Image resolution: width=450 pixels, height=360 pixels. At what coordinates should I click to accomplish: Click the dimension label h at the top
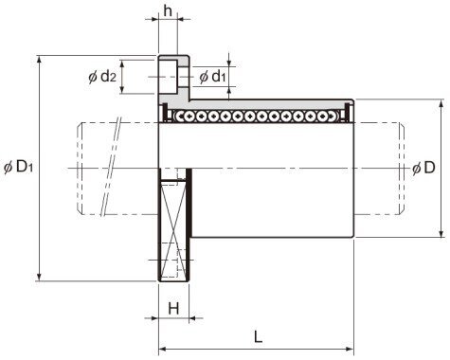click(168, 11)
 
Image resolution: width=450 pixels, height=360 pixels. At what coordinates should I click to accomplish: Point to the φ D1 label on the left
click(18, 167)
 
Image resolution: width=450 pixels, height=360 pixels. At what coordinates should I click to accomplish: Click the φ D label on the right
click(425, 168)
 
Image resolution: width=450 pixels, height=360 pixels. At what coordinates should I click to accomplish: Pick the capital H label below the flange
click(173, 308)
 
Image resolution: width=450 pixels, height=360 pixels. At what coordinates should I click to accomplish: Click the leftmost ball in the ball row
click(175, 116)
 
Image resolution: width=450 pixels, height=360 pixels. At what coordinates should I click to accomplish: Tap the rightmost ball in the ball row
click(336, 116)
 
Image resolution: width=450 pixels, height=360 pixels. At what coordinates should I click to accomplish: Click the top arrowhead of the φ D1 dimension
click(38, 59)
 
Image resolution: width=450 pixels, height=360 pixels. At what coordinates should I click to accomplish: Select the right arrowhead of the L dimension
click(350, 347)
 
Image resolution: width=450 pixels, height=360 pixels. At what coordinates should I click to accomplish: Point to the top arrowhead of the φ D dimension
click(441, 102)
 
